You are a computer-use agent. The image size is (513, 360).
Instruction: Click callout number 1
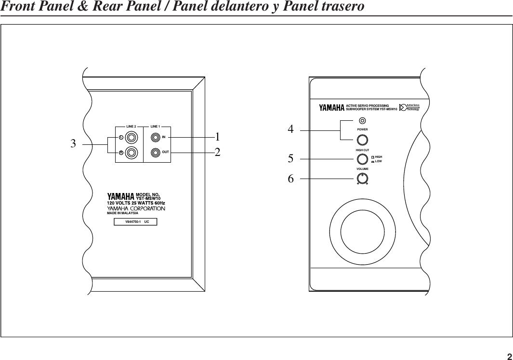(218, 137)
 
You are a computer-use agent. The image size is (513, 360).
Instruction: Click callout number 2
(218, 153)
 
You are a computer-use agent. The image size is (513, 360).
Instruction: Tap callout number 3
(73, 143)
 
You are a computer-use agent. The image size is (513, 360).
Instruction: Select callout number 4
(290, 129)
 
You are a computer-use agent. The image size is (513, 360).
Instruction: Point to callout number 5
(290, 157)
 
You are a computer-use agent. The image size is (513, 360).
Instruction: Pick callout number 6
(290, 179)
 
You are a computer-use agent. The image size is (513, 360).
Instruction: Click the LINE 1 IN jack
(155, 138)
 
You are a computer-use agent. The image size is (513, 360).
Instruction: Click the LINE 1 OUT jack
(155, 153)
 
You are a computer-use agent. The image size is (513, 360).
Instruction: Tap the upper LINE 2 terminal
(132, 138)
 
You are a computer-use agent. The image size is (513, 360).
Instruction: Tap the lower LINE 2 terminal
(132, 154)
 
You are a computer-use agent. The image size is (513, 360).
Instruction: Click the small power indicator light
(362, 121)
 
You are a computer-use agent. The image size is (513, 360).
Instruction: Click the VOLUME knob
(362, 179)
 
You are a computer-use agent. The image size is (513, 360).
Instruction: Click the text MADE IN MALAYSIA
(122, 213)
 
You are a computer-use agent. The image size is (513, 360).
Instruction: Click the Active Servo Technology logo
(409, 107)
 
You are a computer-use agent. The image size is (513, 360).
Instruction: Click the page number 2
(509, 357)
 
